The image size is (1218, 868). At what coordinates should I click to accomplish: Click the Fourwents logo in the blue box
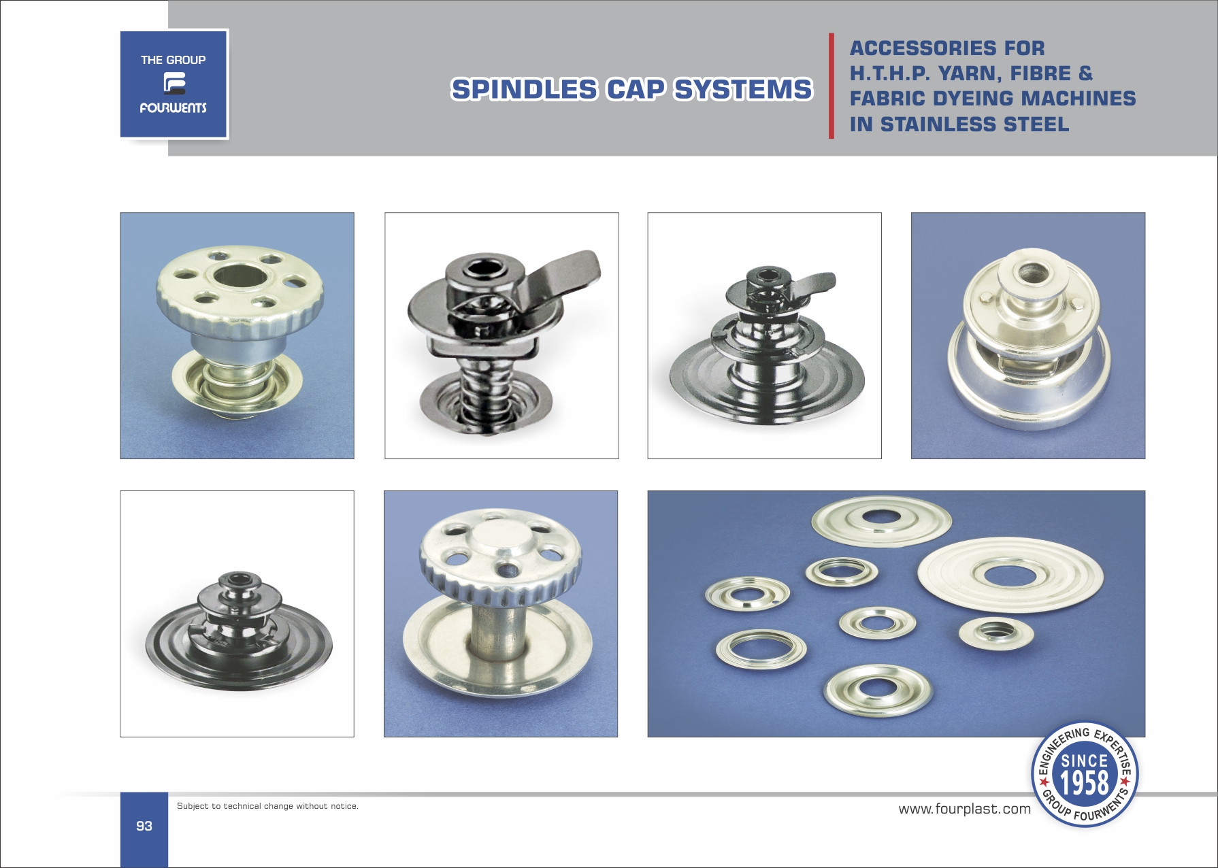pos(174,84)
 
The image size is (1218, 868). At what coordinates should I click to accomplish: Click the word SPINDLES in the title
pos(524,90)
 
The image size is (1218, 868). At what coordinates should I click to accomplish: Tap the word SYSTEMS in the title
pos(743,90)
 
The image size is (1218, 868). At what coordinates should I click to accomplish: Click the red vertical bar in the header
pos(832,86)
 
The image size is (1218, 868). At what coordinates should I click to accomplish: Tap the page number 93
pos(144,826)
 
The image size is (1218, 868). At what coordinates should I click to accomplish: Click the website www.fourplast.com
pos(964,809)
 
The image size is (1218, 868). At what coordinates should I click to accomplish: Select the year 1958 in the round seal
pos(1085,783)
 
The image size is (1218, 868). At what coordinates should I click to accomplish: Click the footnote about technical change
pos(267,806)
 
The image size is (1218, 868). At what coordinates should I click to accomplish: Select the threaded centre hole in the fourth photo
pos(1028,274)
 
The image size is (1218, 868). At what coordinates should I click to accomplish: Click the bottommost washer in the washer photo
pos(878,691)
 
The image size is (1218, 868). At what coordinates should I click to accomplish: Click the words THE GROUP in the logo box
pos(174,60)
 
